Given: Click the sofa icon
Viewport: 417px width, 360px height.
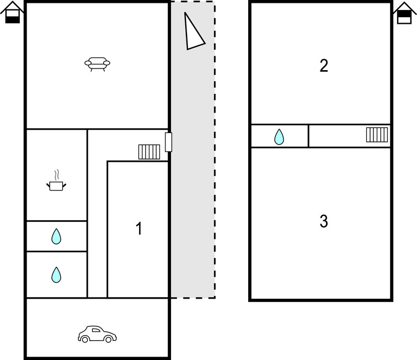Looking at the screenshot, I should [97, 65].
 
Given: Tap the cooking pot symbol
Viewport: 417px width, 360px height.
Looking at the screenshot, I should [56, 186].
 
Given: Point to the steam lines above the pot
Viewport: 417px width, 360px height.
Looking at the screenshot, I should [56, 175].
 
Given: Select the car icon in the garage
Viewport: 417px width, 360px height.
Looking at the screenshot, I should [97, 334].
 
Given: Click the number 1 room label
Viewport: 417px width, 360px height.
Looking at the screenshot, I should [139, 229].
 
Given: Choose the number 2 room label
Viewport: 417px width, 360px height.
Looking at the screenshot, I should [324, 66].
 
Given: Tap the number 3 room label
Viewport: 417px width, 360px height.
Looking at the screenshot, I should [324, 222].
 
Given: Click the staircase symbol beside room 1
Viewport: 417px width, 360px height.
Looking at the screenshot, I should [149, 152].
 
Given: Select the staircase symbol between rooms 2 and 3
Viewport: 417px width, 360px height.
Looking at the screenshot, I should [377, 135].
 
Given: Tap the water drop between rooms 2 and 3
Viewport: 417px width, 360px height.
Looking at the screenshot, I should [279, 136].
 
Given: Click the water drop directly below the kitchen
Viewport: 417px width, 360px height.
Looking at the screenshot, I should [56, 237].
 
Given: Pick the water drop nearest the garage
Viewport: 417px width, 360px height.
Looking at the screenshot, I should [56, 274].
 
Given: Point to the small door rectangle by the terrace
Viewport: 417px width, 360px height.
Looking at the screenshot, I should [169, 142].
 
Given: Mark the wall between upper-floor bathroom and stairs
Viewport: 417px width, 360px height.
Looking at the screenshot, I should [308, 136].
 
